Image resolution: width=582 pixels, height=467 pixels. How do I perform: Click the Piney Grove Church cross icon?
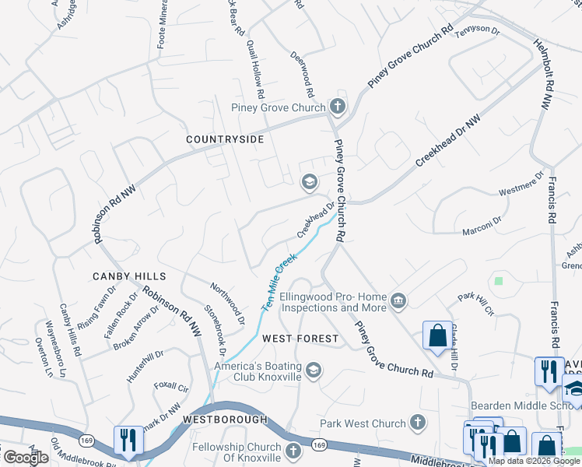(337, 107)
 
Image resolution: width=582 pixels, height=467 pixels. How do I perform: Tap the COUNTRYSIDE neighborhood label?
(225, 139)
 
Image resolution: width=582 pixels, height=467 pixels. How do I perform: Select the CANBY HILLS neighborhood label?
(129, 276)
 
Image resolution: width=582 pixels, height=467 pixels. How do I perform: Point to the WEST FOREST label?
(300, 339)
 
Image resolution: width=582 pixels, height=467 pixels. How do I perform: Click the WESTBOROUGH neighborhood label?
(225, 419)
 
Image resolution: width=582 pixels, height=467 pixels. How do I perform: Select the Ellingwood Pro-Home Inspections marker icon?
(398, 300)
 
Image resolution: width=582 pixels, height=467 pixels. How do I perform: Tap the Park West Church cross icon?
(418, 423)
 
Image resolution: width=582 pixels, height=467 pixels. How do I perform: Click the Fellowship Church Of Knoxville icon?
(293, 451)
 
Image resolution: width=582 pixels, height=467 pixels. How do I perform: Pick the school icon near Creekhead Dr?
(309, 182)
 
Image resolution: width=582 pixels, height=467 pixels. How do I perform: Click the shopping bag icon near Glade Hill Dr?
(436, 335)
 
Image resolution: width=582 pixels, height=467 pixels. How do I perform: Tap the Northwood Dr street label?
(227, 304)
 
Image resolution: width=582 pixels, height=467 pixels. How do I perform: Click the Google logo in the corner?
(26, 457)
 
